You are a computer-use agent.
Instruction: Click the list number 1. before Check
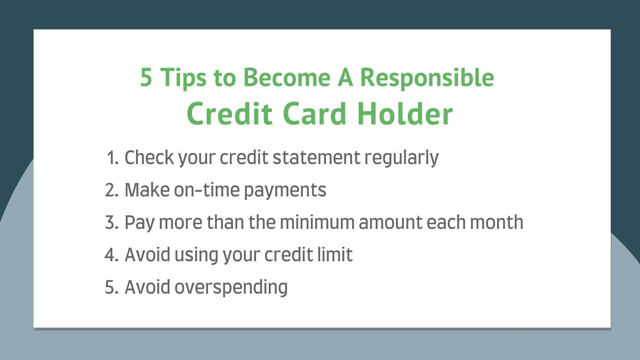(x=113, y=158)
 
